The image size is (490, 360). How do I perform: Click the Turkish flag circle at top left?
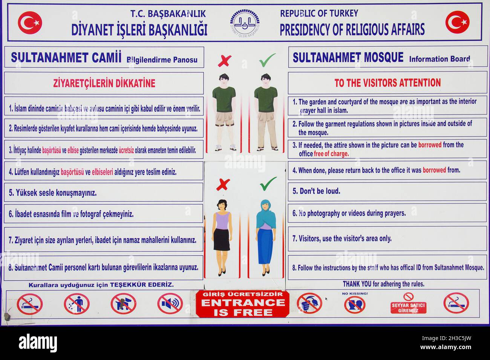click(30, 23)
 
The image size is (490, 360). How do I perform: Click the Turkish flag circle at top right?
click(457, 22)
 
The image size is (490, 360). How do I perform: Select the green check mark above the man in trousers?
click(267, 59)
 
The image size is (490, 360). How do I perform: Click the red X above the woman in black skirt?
click(224, 184)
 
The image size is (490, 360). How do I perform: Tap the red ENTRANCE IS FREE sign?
click(242, 304)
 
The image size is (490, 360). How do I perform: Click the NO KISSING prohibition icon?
click(355, 304)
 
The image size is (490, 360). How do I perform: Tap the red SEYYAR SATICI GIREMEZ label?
click(408, 308)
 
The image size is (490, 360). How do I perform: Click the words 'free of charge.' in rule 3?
click(331, 154)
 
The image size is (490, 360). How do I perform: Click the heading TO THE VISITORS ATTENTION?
click(387, 83)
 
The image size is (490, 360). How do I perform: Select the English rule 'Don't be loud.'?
click(316, 191)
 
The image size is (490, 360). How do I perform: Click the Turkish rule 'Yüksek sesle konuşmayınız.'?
click(53, 193)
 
